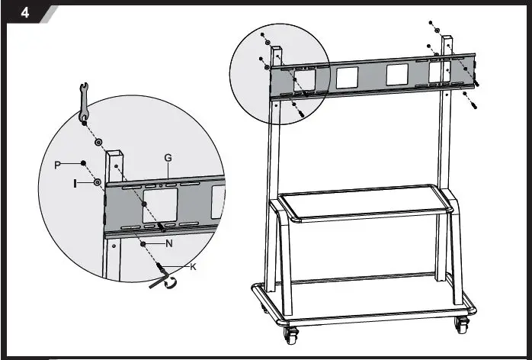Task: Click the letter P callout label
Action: pyautogui.click(x=58, y=165)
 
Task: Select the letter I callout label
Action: pyautogui.click(x=75, y=183)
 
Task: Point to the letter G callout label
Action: pyautogui.click(x=168, y=158)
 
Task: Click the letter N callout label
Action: pyautogui.click(x=169, y=243)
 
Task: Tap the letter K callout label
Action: pyautogui.click(x=193, y=266)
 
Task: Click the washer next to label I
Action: pyautogui.click(x=98, y=183)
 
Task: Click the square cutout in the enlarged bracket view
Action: pyautogui.click(x=159, y=204)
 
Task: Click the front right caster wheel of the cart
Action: pyautogui.click(x=462, y=324)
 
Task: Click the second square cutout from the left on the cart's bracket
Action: pyautogui.click(x=347, y=77)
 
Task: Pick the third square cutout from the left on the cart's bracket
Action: pyautogui.click(x=397, y=75)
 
